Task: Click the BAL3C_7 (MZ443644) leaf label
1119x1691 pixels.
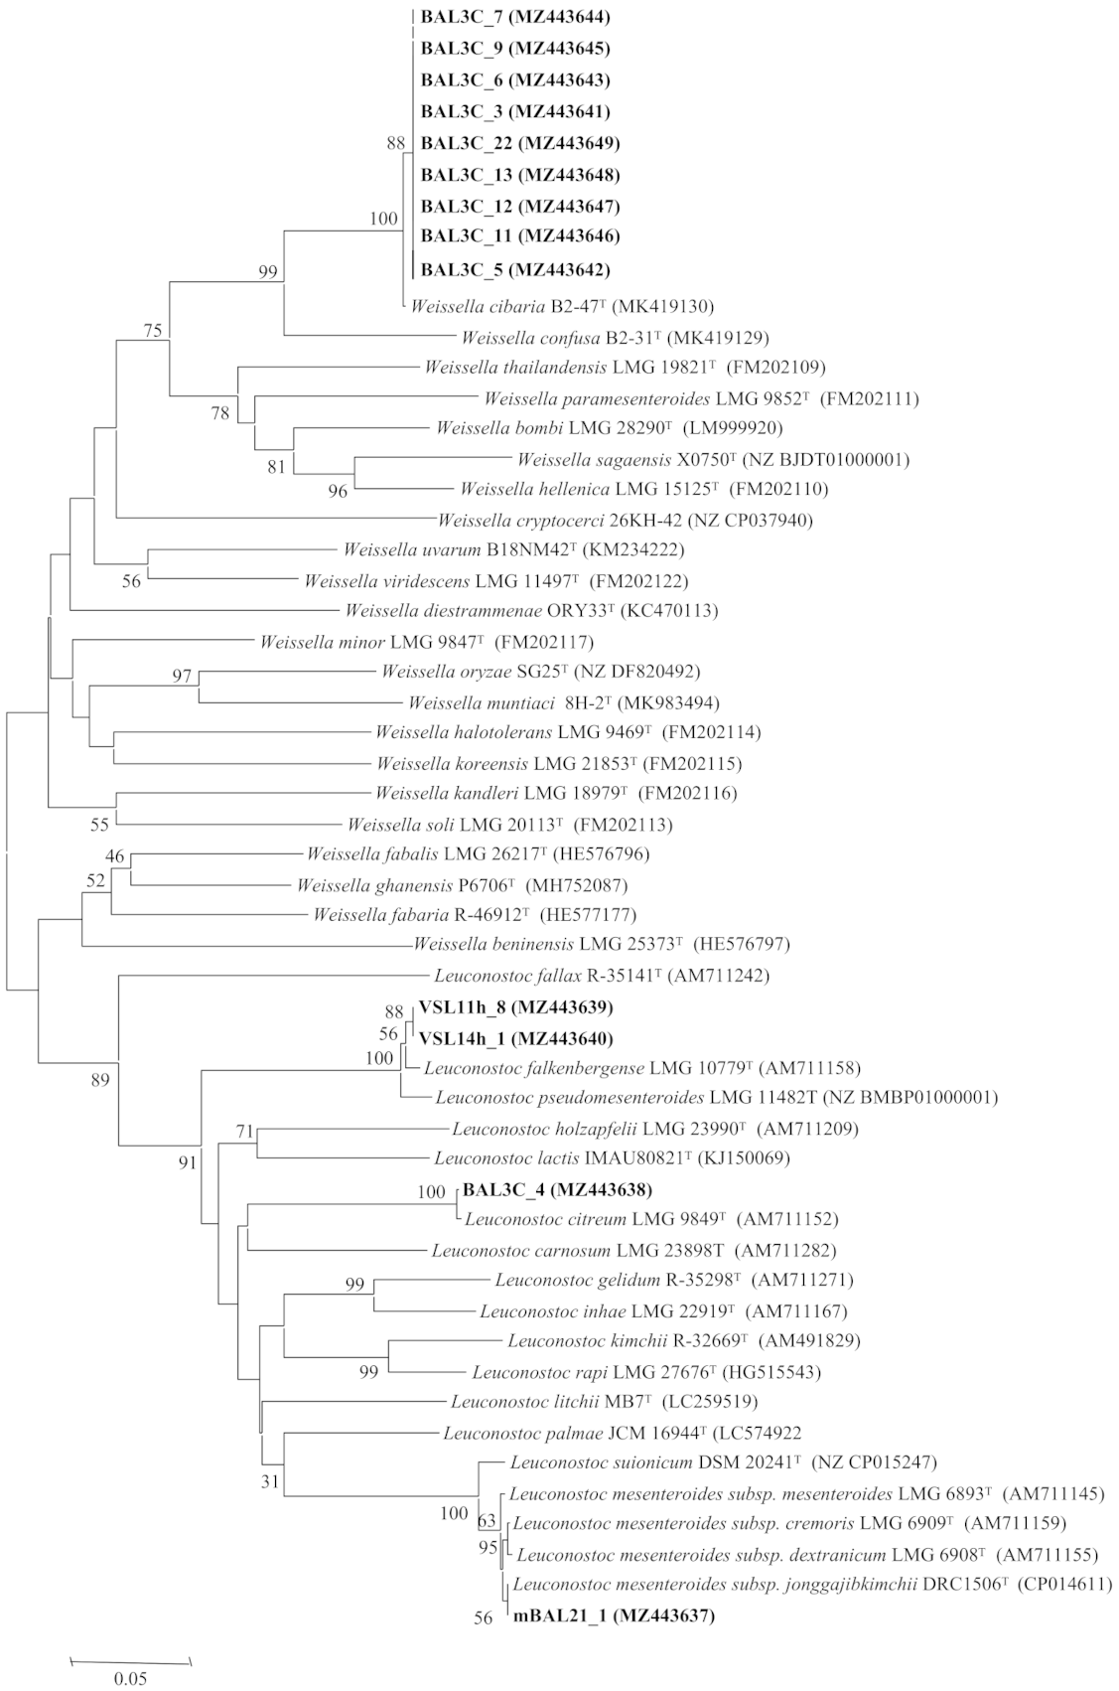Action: [x=515, y=17]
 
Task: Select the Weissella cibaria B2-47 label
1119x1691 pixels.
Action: [x=562, y=306]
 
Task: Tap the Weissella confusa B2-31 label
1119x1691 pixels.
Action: [x=615, y=337]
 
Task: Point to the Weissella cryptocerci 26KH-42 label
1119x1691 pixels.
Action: [x=626, y=520]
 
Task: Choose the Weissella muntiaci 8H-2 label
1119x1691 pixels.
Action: [x=563, y=702]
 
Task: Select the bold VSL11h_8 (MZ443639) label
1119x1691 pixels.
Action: [x=515, y=1007]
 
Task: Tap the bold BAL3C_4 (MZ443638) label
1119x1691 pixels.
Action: [x=557, y=1189]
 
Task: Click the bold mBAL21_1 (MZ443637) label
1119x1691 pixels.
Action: [x=614, y=1616]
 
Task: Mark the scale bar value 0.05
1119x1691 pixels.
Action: [x=129, y=1679]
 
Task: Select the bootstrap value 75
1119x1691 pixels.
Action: [x=152, y=332]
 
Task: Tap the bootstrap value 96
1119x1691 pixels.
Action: [x=338, y=492]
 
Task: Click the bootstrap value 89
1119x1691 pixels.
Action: [x=99, y=1080]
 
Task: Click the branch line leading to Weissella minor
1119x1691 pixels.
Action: [x=159, y=641]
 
